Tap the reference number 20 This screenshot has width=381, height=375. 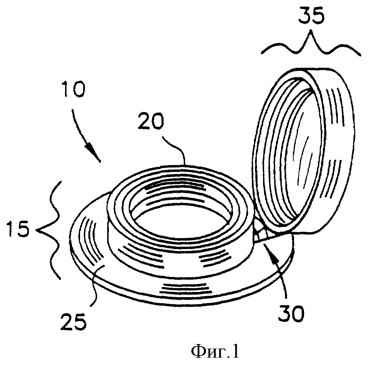click(151, 121)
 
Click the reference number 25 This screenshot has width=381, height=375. click(74, 321)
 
